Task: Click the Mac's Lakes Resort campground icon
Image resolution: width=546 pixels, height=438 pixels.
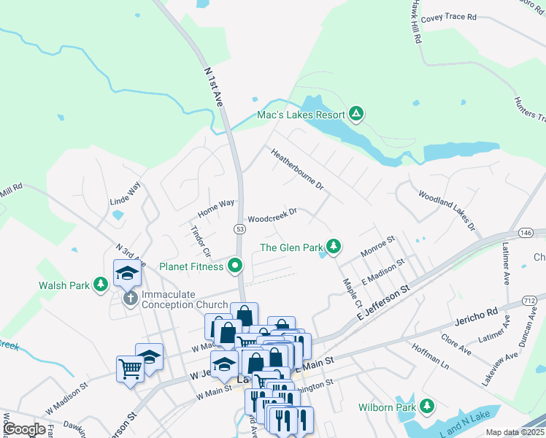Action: click(356, 114)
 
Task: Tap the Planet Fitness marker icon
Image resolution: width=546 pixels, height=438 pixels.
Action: click(235, 266)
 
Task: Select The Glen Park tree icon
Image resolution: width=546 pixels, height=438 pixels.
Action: click(334, 247)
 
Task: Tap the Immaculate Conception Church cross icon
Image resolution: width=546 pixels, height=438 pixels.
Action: click(130, 298)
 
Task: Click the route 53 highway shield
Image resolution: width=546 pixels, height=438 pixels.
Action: click(239, 228)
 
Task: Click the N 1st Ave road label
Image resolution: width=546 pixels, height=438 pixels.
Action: click(214, 88)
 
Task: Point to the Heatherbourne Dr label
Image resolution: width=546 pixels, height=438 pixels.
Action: click(297, 170)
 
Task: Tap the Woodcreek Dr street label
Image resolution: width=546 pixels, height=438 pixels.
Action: click(272, 215)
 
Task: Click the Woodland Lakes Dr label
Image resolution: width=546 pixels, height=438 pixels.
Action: click(447, 211)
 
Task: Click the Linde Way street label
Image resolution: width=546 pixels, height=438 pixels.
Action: click(124, 197)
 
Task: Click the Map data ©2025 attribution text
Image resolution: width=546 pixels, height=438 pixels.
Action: click(515, 432)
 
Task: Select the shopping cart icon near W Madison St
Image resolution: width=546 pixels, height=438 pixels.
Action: click(130, 369)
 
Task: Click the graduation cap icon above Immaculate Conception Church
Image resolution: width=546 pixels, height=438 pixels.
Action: click(127, 274)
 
